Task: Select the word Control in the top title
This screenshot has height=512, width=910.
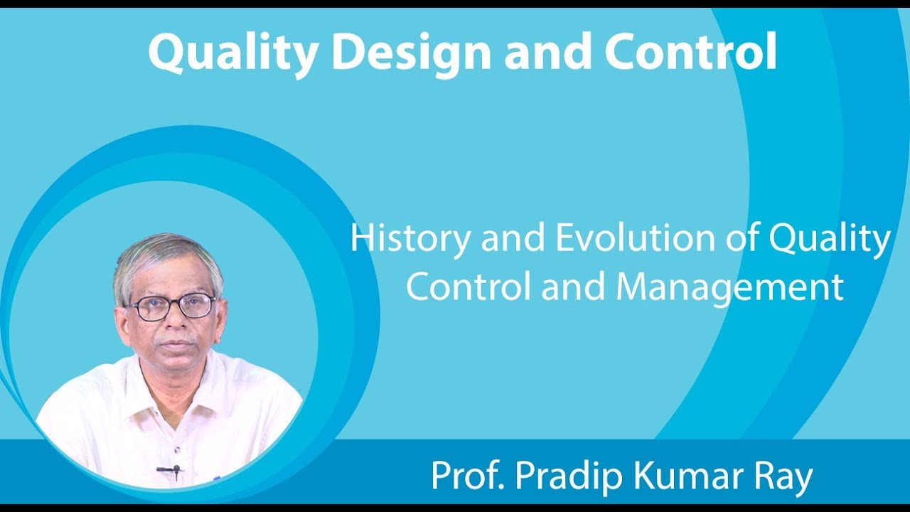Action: [x=690, y=53]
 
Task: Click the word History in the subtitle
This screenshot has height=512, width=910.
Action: [x=409, y=240]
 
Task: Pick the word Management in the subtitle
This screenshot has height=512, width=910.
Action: [x=729, y=288]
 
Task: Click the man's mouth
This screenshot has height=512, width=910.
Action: [x=176, y=346]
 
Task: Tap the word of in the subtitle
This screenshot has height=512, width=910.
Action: [x=742, y=240]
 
